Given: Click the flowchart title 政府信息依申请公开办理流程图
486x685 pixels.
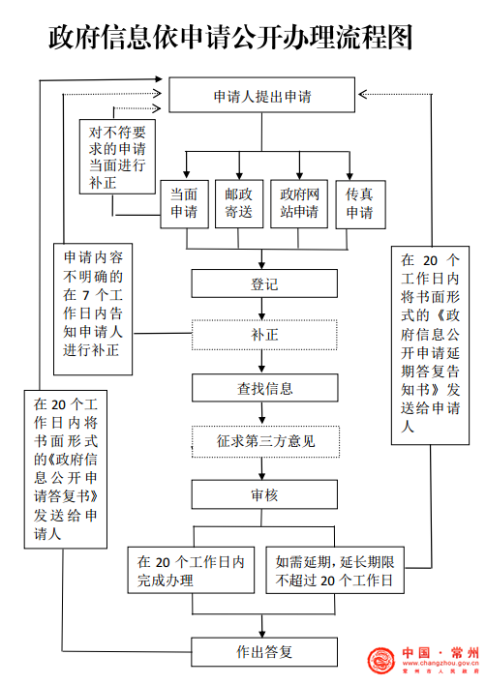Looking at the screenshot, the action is (x=230, y=37).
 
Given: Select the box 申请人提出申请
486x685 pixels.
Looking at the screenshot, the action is (x=261, y=95).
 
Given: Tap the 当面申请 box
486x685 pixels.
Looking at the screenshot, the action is (x=184, y=204).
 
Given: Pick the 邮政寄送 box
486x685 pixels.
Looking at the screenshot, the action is (x=239, y=203).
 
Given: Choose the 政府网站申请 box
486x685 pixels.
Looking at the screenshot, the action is (x=299, y=203).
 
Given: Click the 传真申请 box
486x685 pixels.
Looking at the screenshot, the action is (x=360, y=204).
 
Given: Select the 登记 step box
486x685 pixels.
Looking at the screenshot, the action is (x=264, y=283).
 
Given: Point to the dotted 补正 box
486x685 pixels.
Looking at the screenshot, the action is (x=264, y=335).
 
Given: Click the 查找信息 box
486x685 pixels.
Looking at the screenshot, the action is (x=265, y=388).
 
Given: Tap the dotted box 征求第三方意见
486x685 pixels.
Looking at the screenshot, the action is (x=265, y=441).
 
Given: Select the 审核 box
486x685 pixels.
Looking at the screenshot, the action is (x=264, y=494).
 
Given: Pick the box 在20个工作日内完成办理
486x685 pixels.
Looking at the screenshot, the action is (x=191, y=570).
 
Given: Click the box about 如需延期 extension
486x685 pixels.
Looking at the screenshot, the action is (x=335, y=570).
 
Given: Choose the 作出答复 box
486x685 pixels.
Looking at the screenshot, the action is (x=264, y=652).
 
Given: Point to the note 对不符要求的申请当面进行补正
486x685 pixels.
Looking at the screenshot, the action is (x=117, y=157).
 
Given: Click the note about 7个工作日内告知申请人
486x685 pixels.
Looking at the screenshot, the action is (x=93, y=309).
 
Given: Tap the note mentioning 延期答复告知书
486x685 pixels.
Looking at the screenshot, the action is (x=430, y=345).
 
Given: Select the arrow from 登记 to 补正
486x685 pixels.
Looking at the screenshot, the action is (x=261, y=309).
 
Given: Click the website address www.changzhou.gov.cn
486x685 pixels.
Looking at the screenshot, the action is (x=440, y=663).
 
